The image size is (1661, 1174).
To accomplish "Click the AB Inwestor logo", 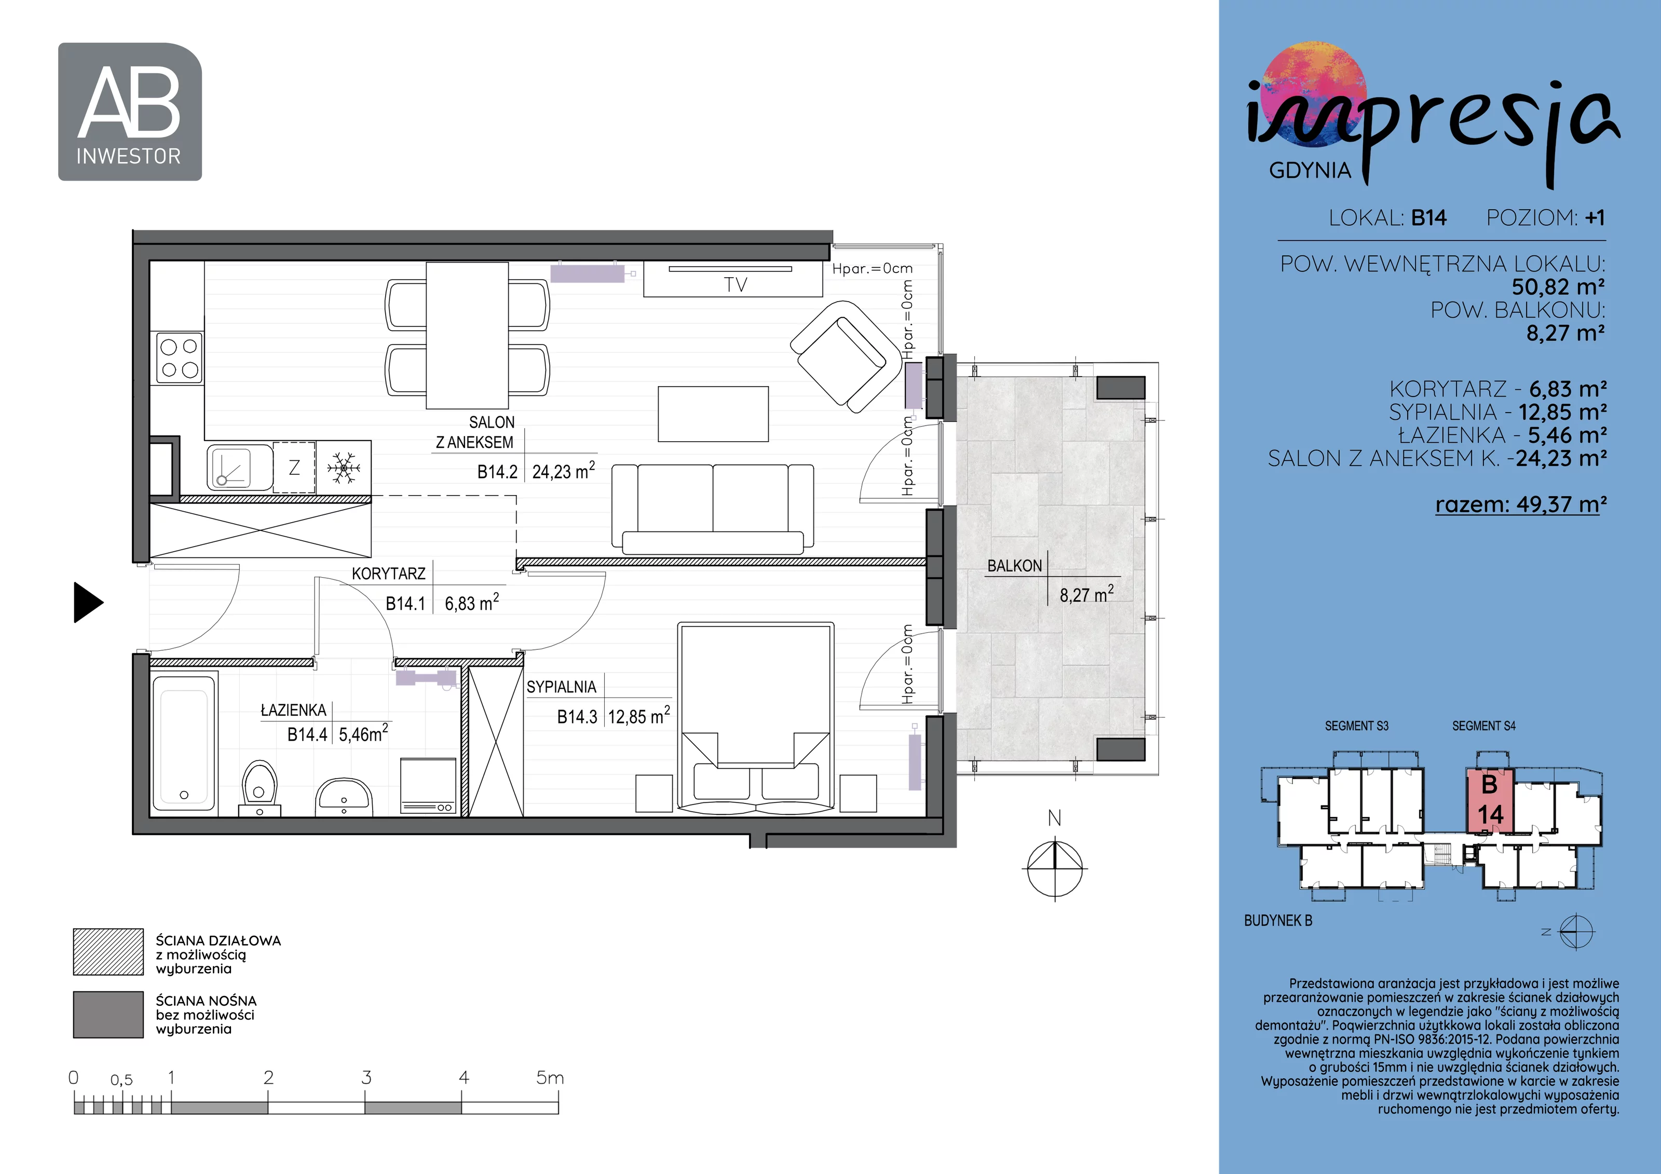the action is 130,112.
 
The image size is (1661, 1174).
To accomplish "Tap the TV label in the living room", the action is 735,284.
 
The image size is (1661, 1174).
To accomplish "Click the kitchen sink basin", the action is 230,467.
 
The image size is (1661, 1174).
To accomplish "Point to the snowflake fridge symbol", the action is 343,468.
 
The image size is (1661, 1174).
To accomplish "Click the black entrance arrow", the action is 89,602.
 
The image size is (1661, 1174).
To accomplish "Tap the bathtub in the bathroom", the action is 184,743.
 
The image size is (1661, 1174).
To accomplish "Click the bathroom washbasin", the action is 344,796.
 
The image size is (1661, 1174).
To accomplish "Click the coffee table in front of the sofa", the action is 713,414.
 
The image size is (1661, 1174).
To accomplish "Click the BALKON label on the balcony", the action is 1014,566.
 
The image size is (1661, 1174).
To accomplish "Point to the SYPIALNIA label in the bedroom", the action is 562,687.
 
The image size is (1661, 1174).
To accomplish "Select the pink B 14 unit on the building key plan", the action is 1490,801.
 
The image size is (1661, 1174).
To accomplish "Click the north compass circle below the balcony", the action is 1055,867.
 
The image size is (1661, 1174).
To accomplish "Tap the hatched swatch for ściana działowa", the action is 108,952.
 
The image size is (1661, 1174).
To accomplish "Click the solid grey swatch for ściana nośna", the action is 108,1014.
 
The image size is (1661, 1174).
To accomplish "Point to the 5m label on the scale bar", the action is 550,1078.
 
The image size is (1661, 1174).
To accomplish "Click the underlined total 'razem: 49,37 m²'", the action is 1521,504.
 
